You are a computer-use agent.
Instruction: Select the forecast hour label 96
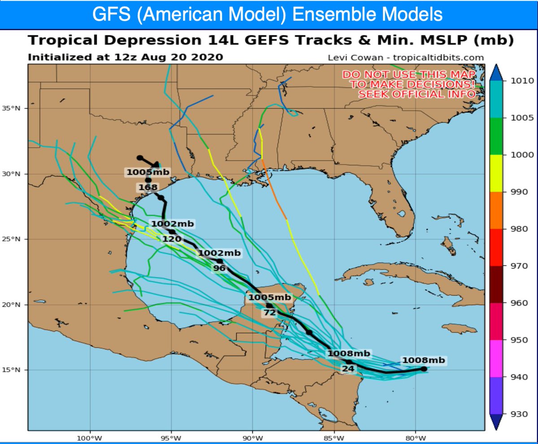[219, 268]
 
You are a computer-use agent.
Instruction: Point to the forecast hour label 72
[269, 312]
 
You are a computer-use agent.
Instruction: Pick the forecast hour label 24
[348, 369]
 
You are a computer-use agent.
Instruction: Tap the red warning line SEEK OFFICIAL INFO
[417, 94]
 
